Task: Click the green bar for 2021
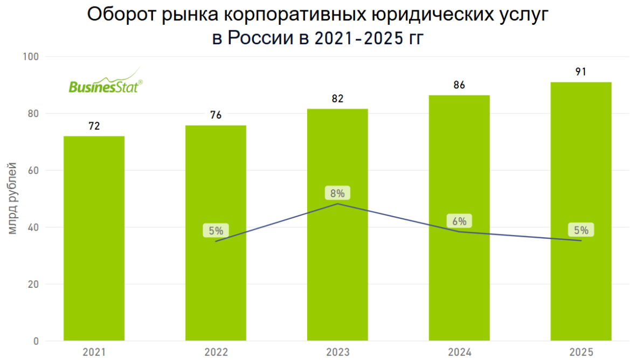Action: (x=94, y=238)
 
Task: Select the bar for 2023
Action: (x=337, y=225)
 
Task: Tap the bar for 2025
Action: (x=581, y=211)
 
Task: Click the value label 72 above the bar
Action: (x=94, y=126)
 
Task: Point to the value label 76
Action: (x=216, y=115)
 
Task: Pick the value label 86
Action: (x=459, y=85)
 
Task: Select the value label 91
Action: (x=581, y=72)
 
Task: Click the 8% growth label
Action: (x=337, y=193)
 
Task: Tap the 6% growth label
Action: (x=459, y=221)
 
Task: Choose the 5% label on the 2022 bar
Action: (x=216, y=231)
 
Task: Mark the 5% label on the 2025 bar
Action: (x=581, y=230)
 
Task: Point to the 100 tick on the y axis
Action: (x=31, y=57)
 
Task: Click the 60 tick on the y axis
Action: (x=33, y=170)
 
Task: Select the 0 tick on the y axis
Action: (x=36, y=341)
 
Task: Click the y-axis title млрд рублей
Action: (x=12, y=198)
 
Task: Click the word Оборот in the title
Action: (x=121, y=15)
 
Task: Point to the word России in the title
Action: (x=260, y=38)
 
